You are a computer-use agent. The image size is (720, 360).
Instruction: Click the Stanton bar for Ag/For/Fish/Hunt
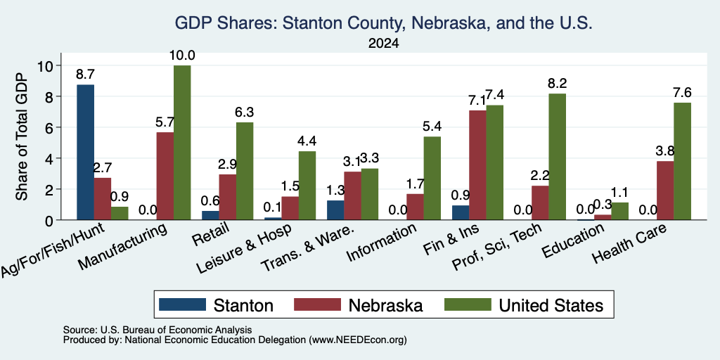[x=85, y=152]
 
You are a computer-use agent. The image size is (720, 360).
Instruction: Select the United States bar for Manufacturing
[x=182, y=142]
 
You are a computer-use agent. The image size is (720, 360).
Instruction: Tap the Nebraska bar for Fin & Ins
[x=478, y=165]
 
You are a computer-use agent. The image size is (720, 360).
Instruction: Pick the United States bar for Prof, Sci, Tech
[x=557, y=157]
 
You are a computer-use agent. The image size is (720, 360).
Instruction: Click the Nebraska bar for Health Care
[x=665, y=191]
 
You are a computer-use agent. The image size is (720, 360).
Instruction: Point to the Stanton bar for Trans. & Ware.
[x=335, y=210]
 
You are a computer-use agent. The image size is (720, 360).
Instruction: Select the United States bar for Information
[x=432, y=178]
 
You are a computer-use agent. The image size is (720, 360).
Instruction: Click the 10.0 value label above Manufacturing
[x=182, y=56]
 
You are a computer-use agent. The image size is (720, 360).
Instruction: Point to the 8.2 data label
[x=557, y=84]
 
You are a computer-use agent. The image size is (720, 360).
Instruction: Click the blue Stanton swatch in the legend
[x=182, y=304]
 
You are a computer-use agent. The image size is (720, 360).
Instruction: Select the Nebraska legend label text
[x=385, y=305]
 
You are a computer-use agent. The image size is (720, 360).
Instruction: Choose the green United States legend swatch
[x=468, y=304]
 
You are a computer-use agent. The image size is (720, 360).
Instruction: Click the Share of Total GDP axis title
[x=22, y=136]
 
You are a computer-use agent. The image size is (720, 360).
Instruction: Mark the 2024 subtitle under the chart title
[x=383, y=44]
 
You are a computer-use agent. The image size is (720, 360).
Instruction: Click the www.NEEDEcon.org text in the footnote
[x=358, y=340]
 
